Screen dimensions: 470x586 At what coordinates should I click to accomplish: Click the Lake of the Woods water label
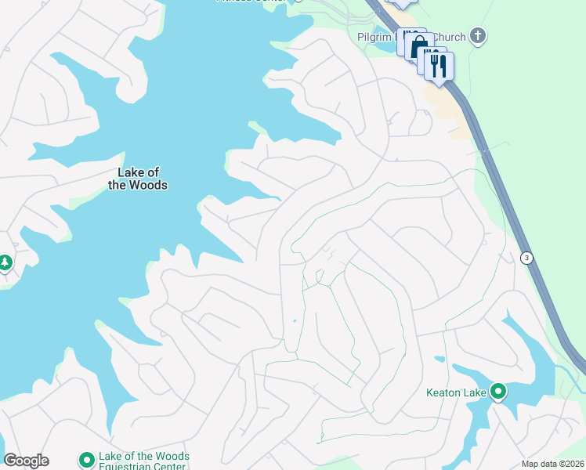pyautogui.click(x=137, y=179)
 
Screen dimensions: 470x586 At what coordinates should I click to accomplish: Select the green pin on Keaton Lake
pyautogui.click(x=497, y=391)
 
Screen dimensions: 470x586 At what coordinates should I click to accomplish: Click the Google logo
pyautogui.click(x=26, y=461)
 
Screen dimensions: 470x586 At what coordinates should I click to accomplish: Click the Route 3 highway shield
pyautogui.click(x=527, y=258)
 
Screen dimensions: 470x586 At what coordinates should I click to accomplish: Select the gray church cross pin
pyautogui.click(x=477, y=36)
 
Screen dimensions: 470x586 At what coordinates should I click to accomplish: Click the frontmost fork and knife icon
pyautogui.click(x=439, y=66)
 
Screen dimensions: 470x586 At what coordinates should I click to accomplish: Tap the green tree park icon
pyautogui.click(x=5, y=263)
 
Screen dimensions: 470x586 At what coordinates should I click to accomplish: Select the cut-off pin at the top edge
pyautogui.click(x=401, y=3)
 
